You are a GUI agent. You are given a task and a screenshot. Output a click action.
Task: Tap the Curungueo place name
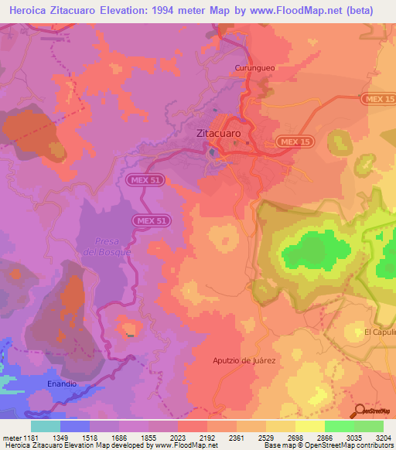[x=254, y=68]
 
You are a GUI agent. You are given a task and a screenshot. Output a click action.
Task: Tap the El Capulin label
[x=380, y=332]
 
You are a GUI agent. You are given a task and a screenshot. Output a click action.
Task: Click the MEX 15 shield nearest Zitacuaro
[x=294, y=142]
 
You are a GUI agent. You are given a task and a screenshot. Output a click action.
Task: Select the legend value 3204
[x=382, y=438]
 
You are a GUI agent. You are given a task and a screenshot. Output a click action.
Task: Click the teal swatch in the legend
[x=46, y=426]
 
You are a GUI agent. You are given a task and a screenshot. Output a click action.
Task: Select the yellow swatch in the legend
[x=309, y=426]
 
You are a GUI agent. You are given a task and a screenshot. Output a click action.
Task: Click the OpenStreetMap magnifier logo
[x=358, y=411]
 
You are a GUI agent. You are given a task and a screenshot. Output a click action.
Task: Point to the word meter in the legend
[x=11, y=438]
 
